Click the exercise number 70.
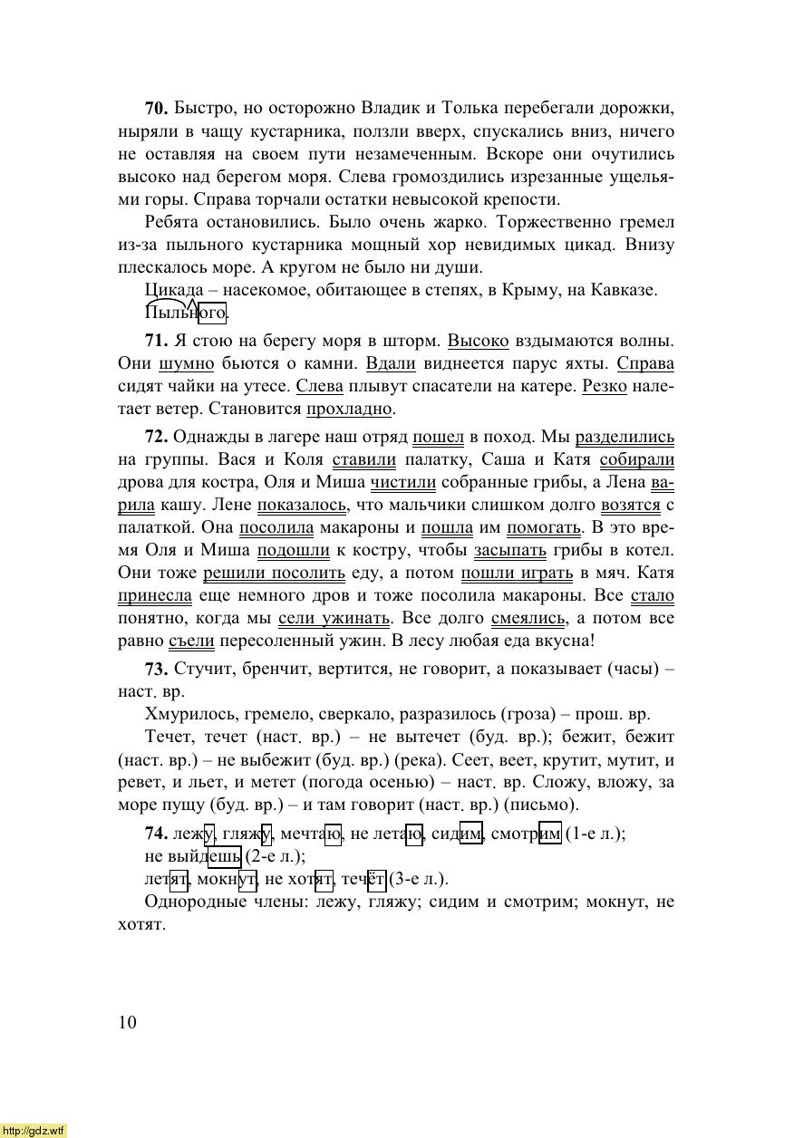(x=156, y=109)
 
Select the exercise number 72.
(x=156, y=438)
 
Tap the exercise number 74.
(x=156, y=834)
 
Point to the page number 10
(x=127, y=1023)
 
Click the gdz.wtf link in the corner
(x=34, y=1130)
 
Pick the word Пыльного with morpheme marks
(x=186, y=313)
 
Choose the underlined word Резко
(x=605, y=387)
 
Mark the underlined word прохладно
(x=349, y=410)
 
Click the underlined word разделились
(x=625, y=438)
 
